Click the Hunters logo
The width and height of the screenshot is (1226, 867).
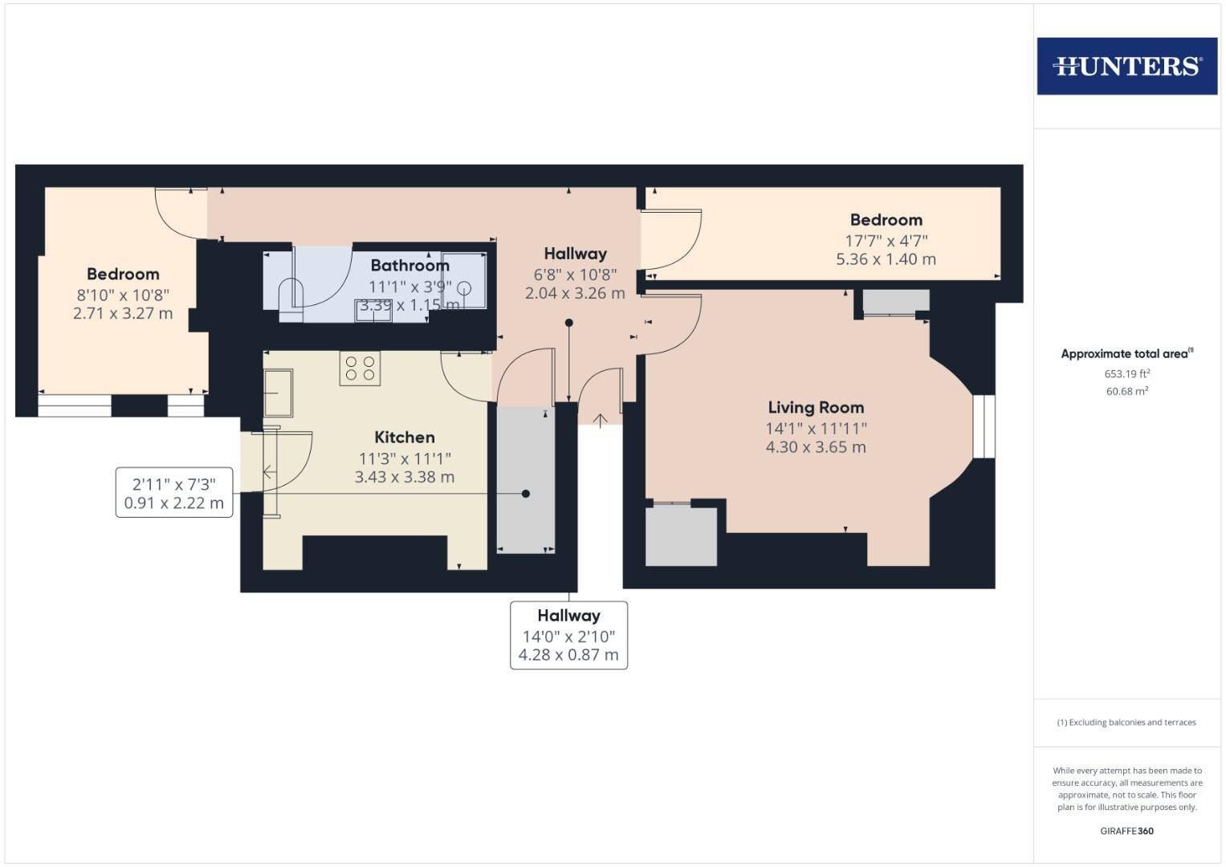[1127, 66]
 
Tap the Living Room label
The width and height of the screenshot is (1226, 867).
[816, 407]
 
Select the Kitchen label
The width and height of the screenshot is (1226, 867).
[405, 437]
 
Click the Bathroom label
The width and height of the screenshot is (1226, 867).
[410, 266]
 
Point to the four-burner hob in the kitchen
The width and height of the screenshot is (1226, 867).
[360, 368]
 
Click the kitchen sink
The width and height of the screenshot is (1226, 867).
[278, 393]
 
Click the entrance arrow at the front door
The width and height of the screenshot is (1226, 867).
[601, 421]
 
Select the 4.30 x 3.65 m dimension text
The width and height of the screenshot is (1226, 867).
[816, 447]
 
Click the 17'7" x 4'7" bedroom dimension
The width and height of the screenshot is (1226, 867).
[886, 241]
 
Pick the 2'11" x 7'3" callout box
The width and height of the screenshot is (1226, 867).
[174, 493]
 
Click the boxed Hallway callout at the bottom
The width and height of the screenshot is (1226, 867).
[568, 635]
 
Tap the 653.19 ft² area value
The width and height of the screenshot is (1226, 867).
[1127, 374]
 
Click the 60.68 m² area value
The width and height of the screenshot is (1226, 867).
[1127, 392]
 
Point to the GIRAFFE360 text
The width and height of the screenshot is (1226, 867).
[1127, 831]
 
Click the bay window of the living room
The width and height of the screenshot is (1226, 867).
[984, 426]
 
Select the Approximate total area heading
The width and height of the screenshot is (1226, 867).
[1127, 353]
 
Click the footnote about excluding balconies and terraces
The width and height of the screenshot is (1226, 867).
[1126, 722]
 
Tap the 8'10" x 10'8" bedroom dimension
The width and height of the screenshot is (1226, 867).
[123, 295]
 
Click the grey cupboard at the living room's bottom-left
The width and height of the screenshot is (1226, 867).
[682, 536]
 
